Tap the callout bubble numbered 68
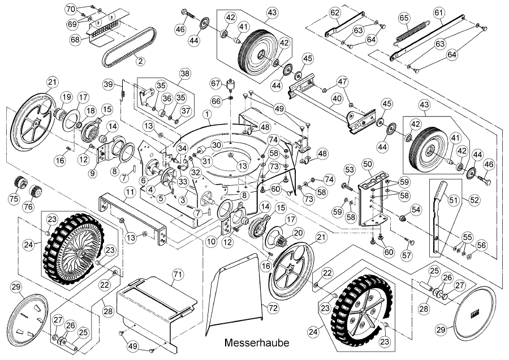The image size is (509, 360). click(x=75, y=40)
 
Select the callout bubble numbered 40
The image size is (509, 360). click(x=337, y=98)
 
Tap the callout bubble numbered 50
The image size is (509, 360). click(x=368, y=165)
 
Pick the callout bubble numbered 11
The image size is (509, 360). click(x=130, y=193)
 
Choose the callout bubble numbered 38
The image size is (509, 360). click(x=184, y=74)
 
